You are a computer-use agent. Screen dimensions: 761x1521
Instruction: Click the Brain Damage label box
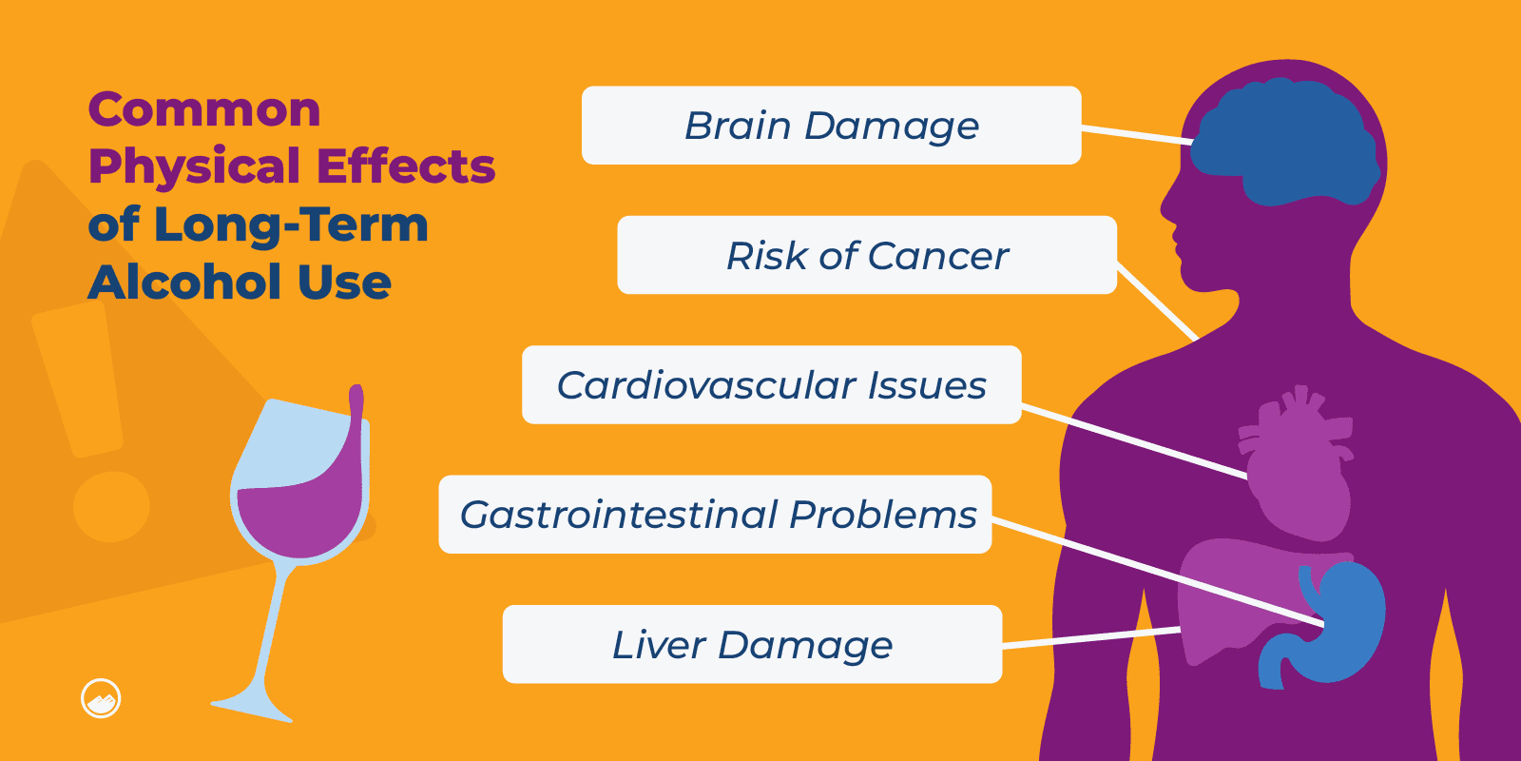click(x=831, y=126)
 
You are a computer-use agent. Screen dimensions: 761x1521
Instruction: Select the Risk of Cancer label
click(x=866, y=255)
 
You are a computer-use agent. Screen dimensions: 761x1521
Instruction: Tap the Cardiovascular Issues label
click(x=771, y=384)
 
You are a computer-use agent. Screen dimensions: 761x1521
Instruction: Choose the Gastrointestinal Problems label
click(x=715, y=515)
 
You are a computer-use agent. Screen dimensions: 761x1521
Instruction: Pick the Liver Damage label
click(x=752, y=644)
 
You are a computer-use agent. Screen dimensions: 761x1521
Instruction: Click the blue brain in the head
click(x=1283, y=143)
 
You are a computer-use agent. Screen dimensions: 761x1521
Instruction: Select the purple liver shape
click(x=1226, y=590)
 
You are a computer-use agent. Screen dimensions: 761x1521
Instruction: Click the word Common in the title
click(x=204, y=109)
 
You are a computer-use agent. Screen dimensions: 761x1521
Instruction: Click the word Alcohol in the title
click(x=185, y=283)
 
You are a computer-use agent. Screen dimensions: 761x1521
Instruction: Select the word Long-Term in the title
click(x=290, y=224)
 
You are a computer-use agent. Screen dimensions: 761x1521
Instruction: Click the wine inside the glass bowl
click(x=299, y=518)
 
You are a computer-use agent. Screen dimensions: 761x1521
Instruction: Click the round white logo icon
click(x=101, y=699)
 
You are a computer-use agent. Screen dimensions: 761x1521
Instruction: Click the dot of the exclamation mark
click(x=111, y=506)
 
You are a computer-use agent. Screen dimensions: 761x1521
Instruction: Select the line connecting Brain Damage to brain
click(x=1136, y=134)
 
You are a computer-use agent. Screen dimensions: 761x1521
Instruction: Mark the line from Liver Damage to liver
click(x=1091, y=637)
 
